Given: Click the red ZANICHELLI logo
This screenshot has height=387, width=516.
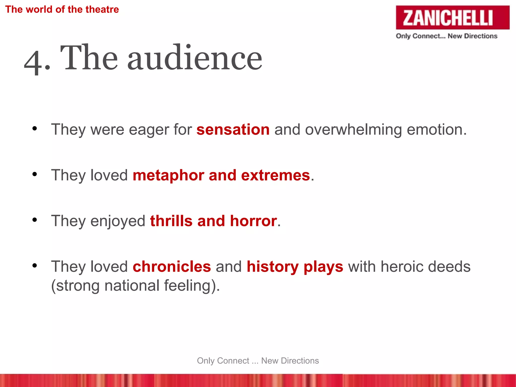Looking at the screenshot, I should click(452, 18).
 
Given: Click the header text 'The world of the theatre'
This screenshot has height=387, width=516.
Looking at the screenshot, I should click(62, 10).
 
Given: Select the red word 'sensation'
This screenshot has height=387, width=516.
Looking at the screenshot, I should click(233, 130).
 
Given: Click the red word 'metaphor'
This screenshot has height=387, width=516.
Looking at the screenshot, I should click(168, 175).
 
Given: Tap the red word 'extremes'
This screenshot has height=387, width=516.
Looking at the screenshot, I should click(275, 175).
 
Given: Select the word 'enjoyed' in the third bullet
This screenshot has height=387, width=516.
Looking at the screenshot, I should click(118, 221).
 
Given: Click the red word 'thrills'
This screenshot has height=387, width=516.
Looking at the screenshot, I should click(171, 221).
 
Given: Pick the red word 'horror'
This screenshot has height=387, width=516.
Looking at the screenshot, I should click(253, 221).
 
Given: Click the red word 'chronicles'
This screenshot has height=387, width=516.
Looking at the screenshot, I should click(172, 267).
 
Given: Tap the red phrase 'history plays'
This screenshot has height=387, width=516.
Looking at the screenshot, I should click(295, 267).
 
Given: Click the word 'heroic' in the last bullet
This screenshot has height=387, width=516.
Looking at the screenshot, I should click(402, 267).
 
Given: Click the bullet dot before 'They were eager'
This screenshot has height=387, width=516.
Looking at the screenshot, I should click(35, 128).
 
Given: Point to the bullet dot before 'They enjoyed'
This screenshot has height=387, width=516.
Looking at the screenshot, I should click(35, 220).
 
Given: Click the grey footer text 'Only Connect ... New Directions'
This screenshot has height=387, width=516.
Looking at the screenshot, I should click(258, 361).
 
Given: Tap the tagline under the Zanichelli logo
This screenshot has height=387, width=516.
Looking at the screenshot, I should click(446, 36).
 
